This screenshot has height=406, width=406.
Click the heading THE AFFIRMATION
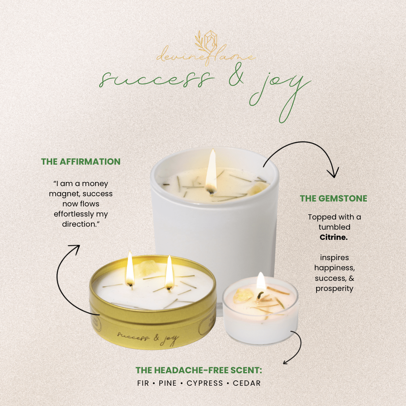[81, 162]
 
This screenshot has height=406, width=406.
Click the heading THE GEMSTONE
[333, 198]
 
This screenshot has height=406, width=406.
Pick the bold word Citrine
[334, 237]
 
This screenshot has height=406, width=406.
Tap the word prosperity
[334, 289]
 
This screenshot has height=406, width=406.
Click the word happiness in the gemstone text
[334, 268]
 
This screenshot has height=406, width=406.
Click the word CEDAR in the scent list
[247, 383]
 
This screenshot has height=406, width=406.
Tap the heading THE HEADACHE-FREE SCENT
[199, 370]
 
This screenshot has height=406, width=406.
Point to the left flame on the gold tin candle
[130, 269]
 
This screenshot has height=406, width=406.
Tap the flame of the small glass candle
[261, 281]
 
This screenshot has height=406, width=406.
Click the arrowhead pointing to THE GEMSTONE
[332, 174]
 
